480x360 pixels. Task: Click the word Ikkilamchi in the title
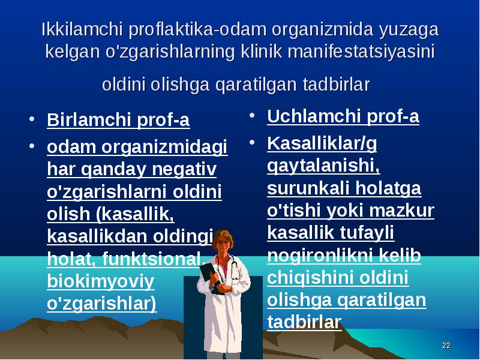(x=82, y=29)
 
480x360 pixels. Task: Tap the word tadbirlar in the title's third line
(x=337, y=84)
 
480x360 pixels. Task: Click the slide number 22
(x=446, y=346)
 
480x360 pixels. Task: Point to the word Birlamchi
(x=89, y=119)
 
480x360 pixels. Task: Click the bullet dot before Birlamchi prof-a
(x=32, y=119)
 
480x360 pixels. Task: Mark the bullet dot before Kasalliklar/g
(x=252, y=142)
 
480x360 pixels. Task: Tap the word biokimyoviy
(x=101, y=281)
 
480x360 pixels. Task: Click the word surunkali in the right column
(x=308, y=188)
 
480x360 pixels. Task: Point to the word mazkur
(x=401, y=211)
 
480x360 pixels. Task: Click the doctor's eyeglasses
(x=223, y=242)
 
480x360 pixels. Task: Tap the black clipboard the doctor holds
(x=211, y=277)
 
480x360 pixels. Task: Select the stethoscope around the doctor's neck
(x=234, y=266)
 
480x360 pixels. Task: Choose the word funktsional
(x=151, y=259)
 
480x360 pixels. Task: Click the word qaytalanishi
(x=323, y=166)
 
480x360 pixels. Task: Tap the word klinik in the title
(x=261, y=51)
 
